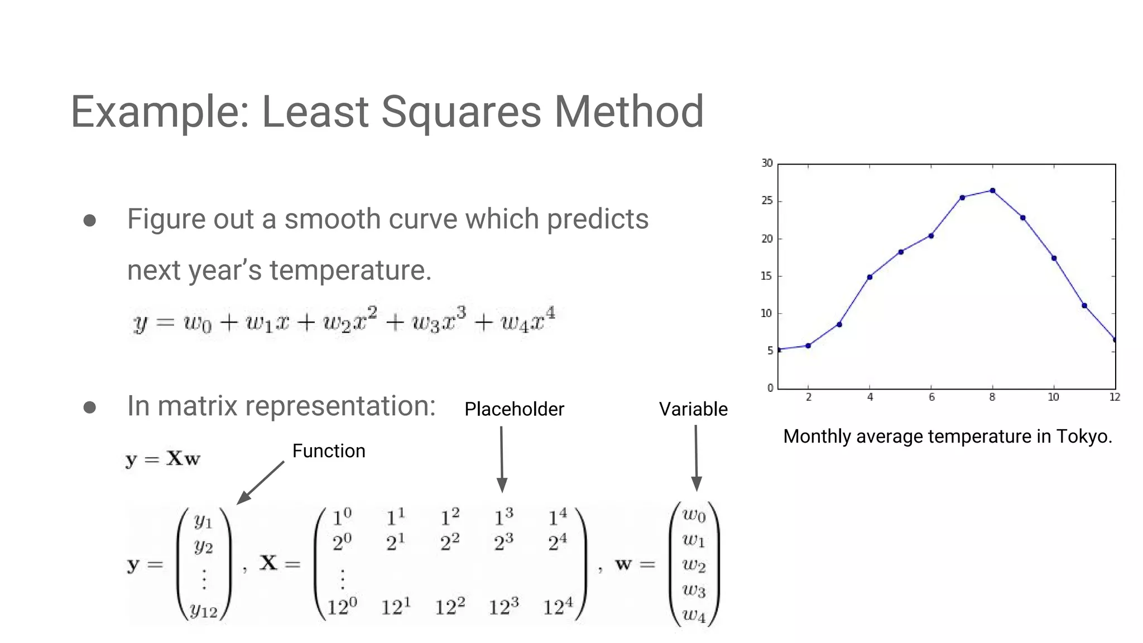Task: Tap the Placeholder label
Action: click(x=514, y=409)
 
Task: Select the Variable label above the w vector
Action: click(x=693, y=409)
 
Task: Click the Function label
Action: click(x=329, y=451)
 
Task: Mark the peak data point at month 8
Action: click(x=992, y=191)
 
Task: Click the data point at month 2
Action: click(x=808, y=346)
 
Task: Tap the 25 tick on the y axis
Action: click(x=767, y=201)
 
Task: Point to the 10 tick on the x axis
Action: click(x=1053, y=397)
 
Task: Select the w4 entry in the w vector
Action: click(x=694, y=615)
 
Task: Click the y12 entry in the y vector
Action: click(x=203, y=610)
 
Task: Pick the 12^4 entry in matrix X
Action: click(x=558, y=606)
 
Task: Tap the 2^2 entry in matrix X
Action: click(x=450, y=542)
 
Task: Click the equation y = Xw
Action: click(x=162, y=459)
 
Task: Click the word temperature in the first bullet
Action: click(x=350, y=270)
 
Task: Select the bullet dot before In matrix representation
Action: click(x=90, y=407)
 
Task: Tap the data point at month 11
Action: click(x=1084, y=306)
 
